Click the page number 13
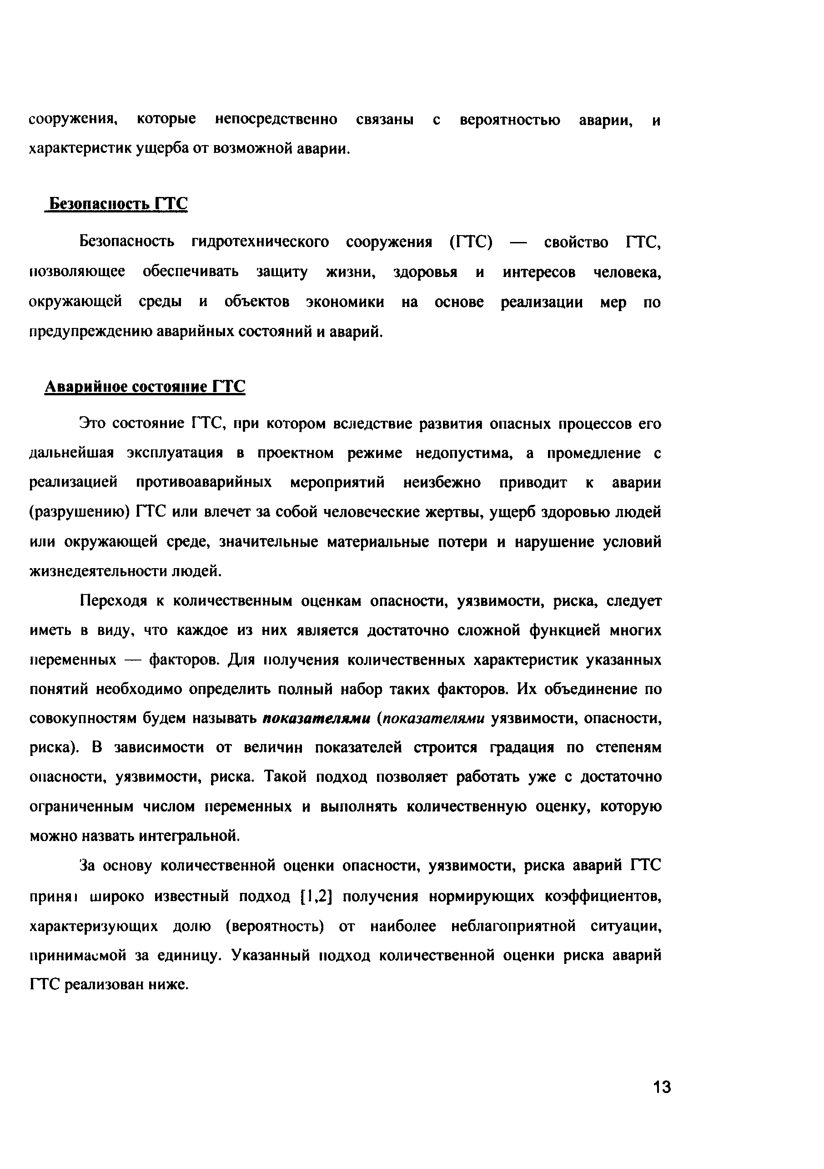click(662, 1087)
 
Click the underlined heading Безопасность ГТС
click(116, 204)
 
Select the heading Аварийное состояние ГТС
click(145, 387)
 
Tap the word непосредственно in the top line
click(276, 120)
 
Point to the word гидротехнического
click(260, 242)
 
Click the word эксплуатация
click(175, 453)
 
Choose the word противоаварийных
click(204, 482)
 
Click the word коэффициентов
click(603, 896)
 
